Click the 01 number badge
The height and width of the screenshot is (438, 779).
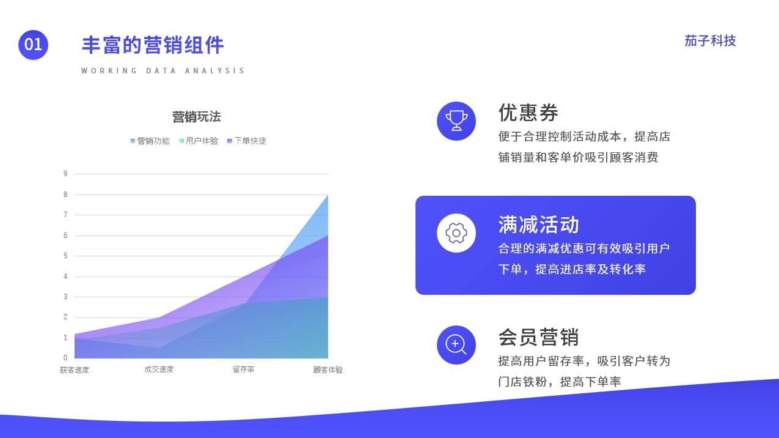[33, 45]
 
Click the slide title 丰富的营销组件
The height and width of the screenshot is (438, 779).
[153, 45]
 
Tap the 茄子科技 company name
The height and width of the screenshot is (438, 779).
[710, 41]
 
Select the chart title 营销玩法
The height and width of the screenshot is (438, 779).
[197, 117]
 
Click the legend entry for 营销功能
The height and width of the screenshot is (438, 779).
[150, 141]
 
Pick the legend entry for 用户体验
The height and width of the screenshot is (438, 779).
[199, 141]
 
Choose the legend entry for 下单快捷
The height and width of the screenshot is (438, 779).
[247, 141]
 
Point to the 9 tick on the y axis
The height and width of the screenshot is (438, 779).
[65, 173]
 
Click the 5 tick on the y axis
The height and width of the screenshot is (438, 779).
[65, 256]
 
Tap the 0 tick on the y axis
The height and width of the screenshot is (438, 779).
[65, 358]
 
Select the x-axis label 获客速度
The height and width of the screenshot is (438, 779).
[75, 369]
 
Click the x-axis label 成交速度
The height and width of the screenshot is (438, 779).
[159, 369]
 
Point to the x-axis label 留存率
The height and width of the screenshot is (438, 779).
[243, 369]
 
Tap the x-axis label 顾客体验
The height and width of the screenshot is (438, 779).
[328, 369]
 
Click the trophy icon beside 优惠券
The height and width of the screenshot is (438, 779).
[456, 121]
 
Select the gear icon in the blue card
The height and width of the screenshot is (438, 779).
[456, 233]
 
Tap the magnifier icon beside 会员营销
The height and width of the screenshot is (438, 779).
[456, 345]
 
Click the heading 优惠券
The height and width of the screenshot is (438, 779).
[528, 113]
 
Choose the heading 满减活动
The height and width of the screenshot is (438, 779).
[539, 225]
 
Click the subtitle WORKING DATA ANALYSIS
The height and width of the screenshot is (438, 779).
[163, 71]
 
